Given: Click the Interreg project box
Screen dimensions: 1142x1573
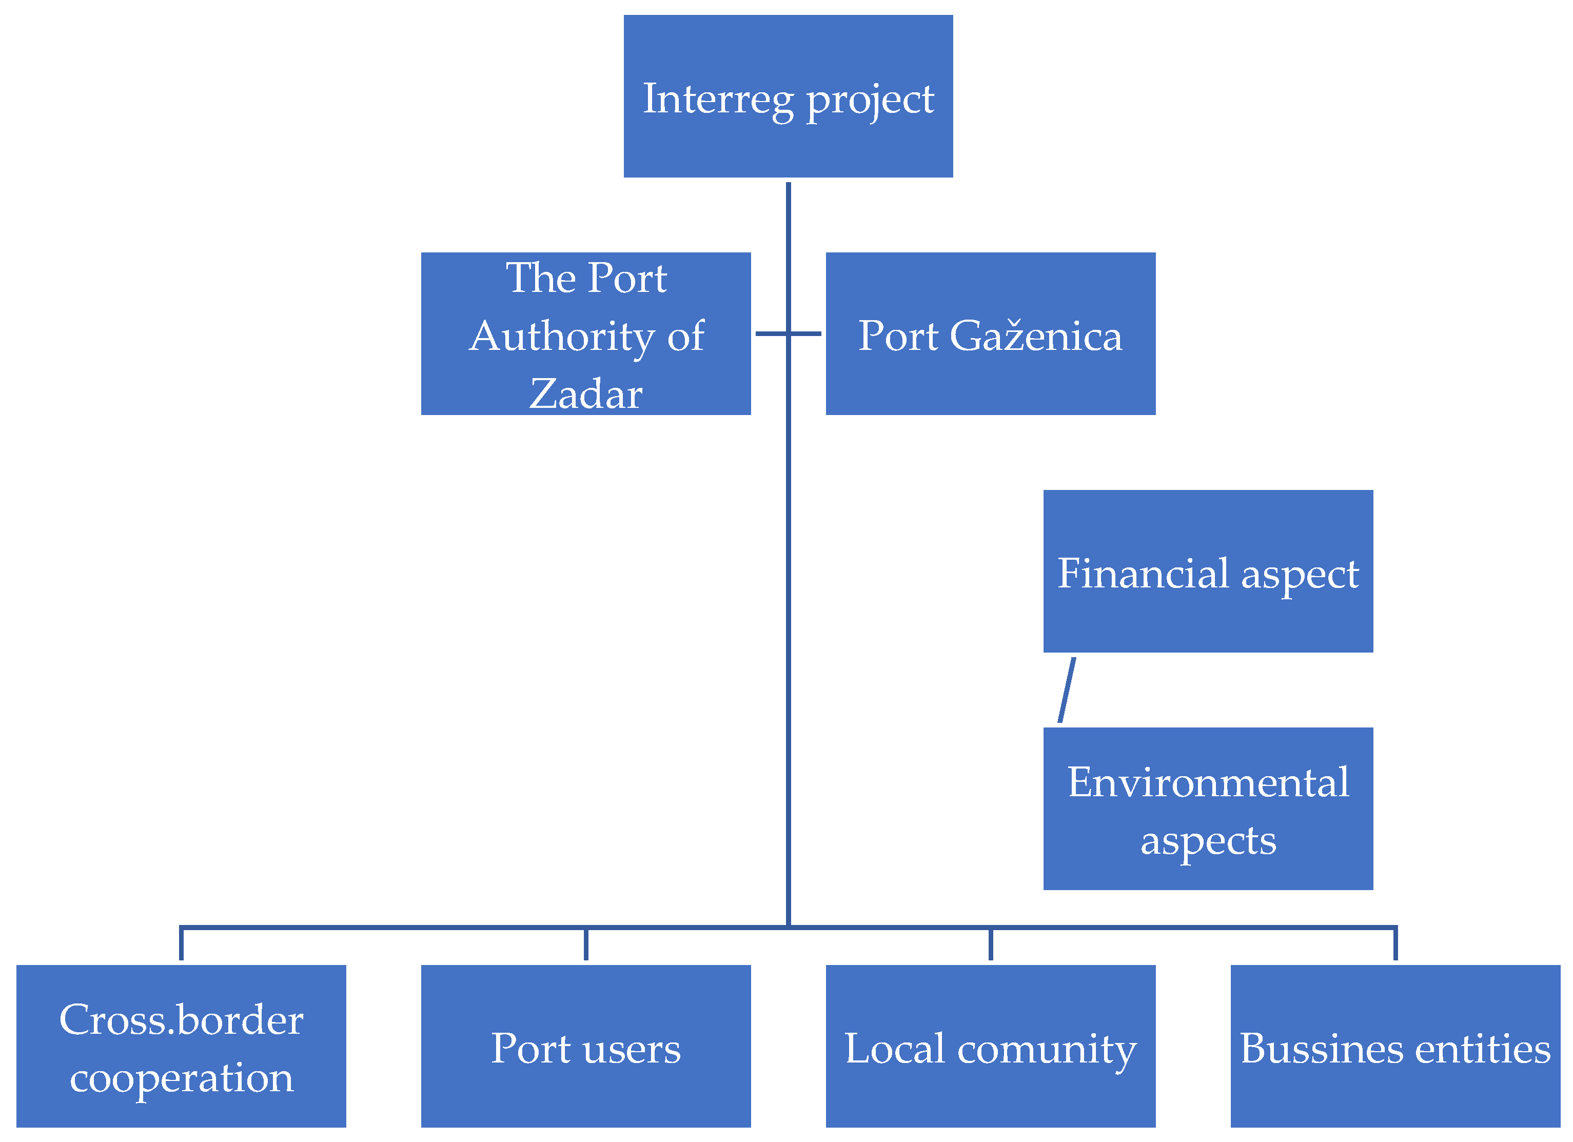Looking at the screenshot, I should click(x=788, y=96).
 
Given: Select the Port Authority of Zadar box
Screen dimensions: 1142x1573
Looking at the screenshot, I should click(x=585, y=333).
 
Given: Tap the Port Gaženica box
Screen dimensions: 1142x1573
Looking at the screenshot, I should click(x=990, y=333).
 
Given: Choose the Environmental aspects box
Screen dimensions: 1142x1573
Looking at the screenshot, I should click(x=1208, y=809).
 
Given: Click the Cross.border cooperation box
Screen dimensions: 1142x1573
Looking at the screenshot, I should click(x=181, y=1046).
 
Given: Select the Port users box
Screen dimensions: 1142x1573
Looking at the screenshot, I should click(x=585, y=1046).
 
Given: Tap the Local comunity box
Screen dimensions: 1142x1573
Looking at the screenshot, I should click(x=990, y=1046).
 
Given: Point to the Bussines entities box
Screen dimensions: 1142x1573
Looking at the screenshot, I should click(x=1395, y=1046).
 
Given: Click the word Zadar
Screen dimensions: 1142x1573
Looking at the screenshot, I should click(x=585, y=394).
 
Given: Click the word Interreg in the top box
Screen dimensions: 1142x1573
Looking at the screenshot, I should click(x=717, y=99).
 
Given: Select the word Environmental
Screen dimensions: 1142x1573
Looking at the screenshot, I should click(x=1208, y=782).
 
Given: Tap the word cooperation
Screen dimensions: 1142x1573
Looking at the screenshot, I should click(x=181, y=1079).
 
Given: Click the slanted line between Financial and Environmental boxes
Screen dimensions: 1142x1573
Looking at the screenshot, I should click(x=1067, y=690).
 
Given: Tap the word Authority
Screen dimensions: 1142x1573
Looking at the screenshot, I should click(x=561, y=337).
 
